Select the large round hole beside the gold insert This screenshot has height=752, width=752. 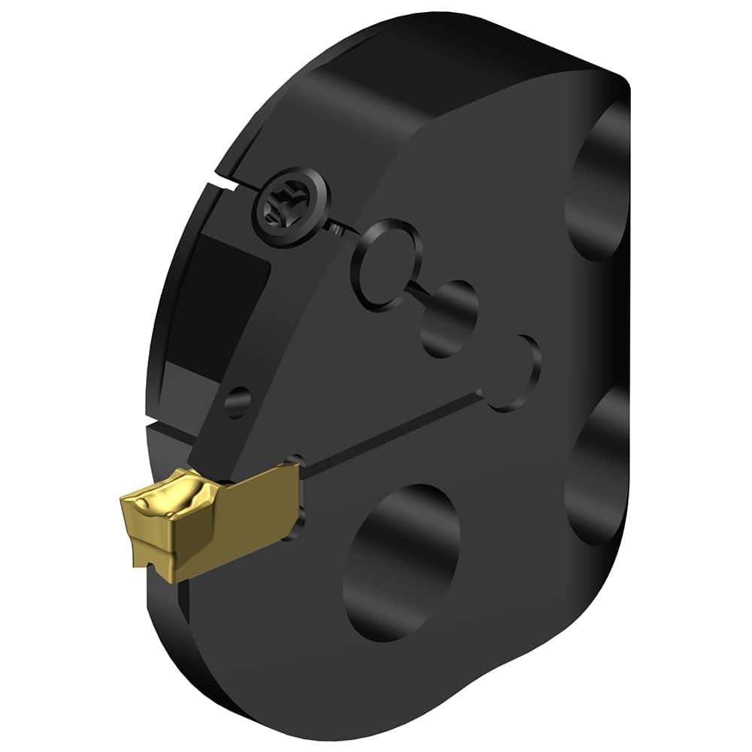(402, 561)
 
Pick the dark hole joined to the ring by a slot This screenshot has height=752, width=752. (449, 317)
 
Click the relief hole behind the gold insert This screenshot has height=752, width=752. (298, 518)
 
